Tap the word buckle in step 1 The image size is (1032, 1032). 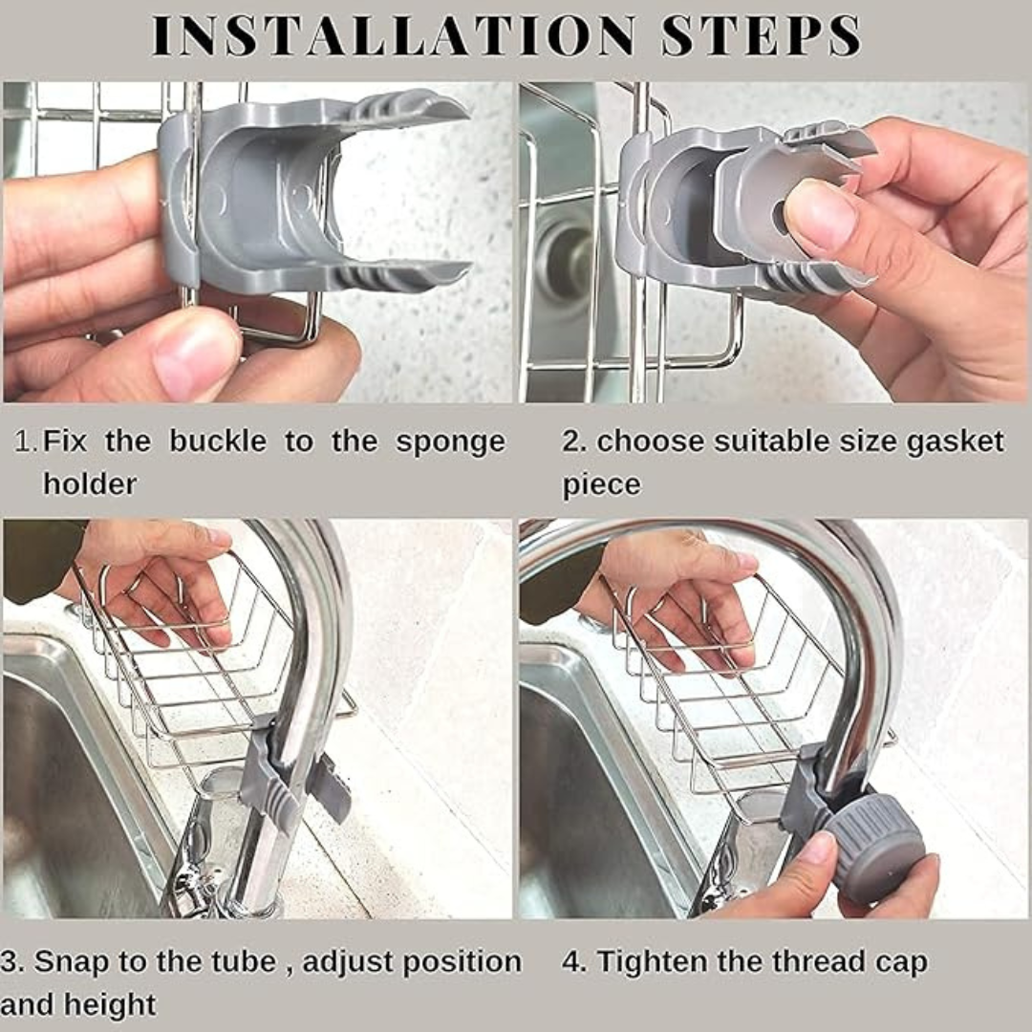[218, 441]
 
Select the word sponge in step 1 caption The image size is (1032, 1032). [450, 442]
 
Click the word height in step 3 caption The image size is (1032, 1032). [110, 1005]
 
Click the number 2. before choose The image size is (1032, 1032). [573, 442]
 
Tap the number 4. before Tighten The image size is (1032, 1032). [573, 962]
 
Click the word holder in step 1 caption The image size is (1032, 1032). [90, 484]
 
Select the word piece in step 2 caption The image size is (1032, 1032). [601, 484]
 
